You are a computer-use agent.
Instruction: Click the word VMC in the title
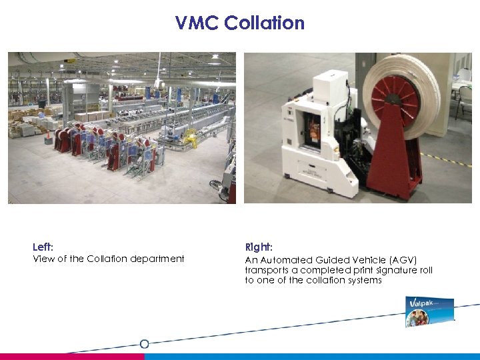click(197, 23)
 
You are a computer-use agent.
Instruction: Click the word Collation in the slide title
click(264, 23)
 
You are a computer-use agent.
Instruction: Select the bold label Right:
click(257, 247)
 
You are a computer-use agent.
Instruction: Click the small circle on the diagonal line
click(144, 344)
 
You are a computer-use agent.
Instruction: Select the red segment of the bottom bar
click(72, 357)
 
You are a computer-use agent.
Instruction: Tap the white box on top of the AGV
click(331, 84)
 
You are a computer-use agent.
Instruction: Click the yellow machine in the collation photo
click(191, 138)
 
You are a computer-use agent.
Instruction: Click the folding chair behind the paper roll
click(464, 100)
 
